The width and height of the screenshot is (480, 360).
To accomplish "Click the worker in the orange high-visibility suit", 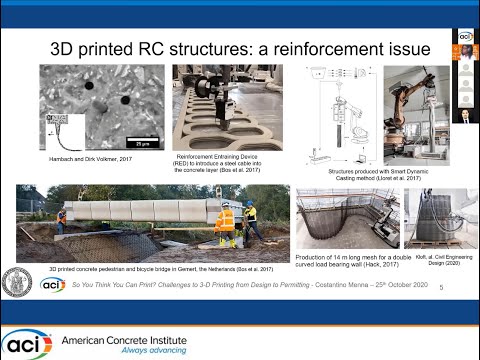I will pos(227,225).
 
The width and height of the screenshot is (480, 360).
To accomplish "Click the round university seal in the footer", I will pos(21,283).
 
